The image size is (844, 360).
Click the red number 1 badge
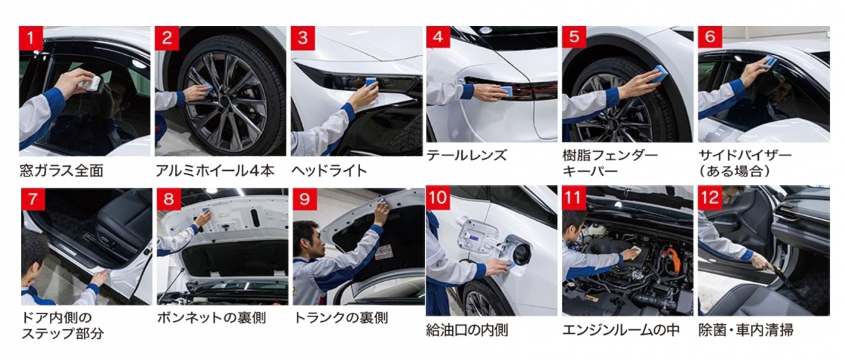(31, 38)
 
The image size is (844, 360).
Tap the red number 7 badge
(33, 199)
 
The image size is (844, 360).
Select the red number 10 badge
(437, 198)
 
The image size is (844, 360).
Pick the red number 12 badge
(710, 198)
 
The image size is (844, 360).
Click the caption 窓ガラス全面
(61, 172)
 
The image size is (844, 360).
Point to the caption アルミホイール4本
(215, 172)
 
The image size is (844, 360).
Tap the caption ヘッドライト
(329, 172)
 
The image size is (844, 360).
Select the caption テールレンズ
(466, 155)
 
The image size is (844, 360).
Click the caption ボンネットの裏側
(212, 319)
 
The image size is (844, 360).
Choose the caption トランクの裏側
(340, 319)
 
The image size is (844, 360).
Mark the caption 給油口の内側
(467, 330)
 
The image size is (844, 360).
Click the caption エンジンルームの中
(621, 330)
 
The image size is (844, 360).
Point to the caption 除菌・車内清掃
(746, 330)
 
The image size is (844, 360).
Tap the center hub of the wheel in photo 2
(225, 101)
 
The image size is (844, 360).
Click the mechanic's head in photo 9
(311, 238)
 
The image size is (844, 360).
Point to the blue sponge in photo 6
(769, 62)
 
